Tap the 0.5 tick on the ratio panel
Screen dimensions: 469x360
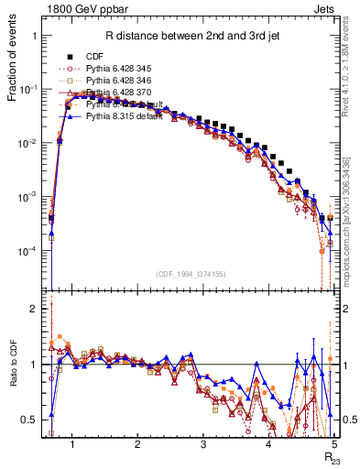31,420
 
